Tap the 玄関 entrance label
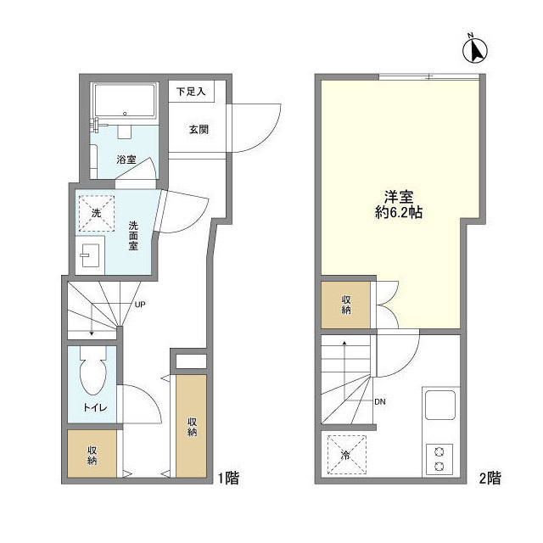click(199, 130)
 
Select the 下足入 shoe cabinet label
click(191, 91)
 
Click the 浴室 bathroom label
click(126, 159)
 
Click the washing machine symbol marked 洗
click(96, 212)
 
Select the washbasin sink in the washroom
click(91, 256)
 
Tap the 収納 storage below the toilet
click(92, 455)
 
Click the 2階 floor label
click(488, 478)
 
